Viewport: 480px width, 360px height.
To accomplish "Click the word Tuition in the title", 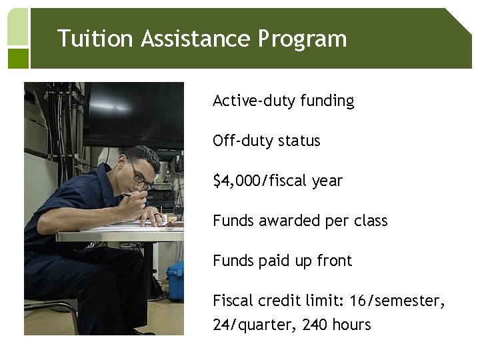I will [x=95, y=39].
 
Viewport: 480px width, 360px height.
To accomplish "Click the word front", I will [x=334, y=261].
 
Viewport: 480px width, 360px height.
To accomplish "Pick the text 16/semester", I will [x=397, y=301].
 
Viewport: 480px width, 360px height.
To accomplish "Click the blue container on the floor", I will [x=175, y=279].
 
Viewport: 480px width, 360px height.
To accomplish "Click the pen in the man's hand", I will [x=131, y=194].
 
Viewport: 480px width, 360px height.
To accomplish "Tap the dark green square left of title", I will [x=18, y=58].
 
